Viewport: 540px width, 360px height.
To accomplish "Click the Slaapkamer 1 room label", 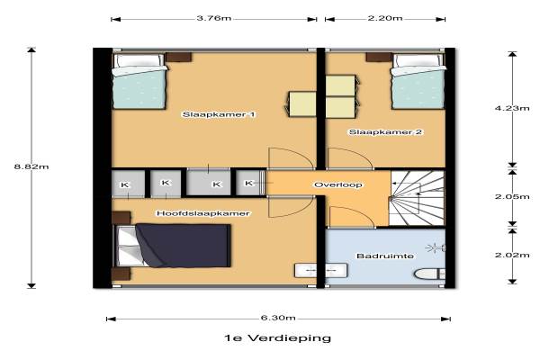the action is tap(219, 114).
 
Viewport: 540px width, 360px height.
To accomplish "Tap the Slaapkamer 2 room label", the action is tap(385, 132).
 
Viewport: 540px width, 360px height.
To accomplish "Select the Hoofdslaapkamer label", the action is tap(203, 213).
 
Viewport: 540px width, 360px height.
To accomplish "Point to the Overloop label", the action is tap(338, 185).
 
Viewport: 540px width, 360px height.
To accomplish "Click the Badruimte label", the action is tap(385, 256).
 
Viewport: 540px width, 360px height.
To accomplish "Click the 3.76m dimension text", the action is tap(214, 18).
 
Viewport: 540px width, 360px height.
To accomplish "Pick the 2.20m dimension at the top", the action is tap(385, 18).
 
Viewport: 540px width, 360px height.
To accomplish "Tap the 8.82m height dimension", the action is tap(31, 166).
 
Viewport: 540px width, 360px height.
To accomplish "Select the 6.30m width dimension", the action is tap(278, 318).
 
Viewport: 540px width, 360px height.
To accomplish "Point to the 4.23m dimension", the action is tap(512, 108).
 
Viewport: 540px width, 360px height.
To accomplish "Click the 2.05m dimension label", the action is tap(512, 197).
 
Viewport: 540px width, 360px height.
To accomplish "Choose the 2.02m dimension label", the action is tap(512, 256).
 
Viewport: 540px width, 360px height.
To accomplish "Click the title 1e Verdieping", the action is tap(277, 338).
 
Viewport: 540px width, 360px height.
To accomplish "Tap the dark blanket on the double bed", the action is tap(184, 246).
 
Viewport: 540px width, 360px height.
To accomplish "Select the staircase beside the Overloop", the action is tap(417, 199).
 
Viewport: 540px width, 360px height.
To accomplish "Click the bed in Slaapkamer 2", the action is tap(418, 81).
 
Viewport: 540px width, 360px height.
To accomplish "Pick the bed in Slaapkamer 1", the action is tap(139, 81).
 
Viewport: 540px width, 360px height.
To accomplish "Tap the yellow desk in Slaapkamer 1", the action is tap(302, 104).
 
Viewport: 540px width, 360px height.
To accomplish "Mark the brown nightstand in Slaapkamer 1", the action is tap(178, 58).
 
